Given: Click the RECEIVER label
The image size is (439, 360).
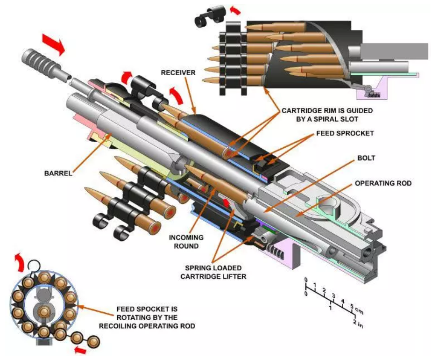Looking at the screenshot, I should (178, 72).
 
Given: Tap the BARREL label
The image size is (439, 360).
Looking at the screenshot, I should (59, 173).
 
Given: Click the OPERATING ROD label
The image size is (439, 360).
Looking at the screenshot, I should (383, 183).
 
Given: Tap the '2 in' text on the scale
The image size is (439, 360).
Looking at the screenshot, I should (357, 324).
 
